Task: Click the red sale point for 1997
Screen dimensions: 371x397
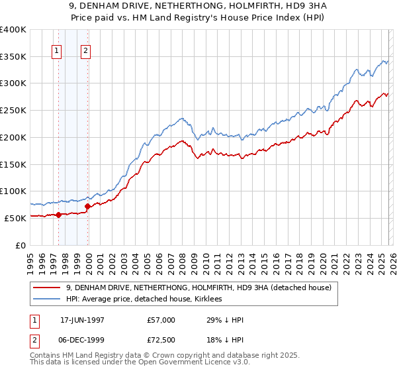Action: pyautogui.click(x=58, y=214)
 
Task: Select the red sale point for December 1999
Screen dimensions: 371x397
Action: pyautogui.click(x=87, y=206)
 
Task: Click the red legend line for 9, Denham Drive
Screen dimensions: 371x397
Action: pyautogui.click(x=48, y=288)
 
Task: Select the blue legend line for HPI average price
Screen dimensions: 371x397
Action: pyautogui.click(x=48, y=299)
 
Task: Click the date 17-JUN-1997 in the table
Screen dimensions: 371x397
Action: pyautogui.click(x=81, y=320)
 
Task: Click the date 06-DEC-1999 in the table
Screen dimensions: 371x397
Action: pyautogui.click(x=81, y=341)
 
